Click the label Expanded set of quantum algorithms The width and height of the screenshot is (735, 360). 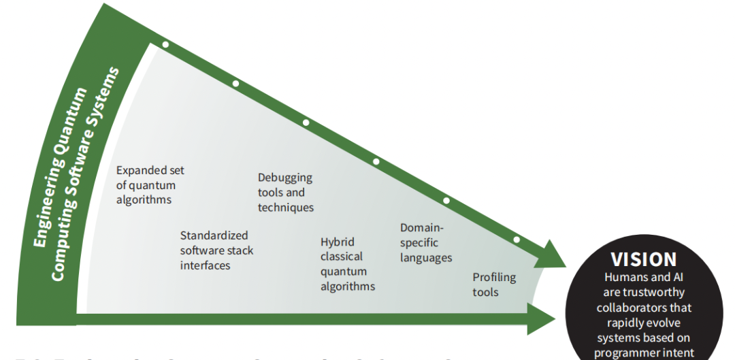click(x=150, y=185)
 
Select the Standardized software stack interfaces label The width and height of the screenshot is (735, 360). click(x=216, y=250)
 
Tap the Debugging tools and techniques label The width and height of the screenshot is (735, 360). click(x=285, y=193)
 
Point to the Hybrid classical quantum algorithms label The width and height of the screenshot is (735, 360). click(x=347, y=264)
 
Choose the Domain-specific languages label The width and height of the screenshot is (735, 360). click(x=425, y=243)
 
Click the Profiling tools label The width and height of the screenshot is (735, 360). click(x=494, y=284)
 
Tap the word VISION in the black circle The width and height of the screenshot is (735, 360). click(x=643, y=259)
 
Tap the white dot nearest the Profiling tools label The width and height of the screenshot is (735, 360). click(x=517, y=240)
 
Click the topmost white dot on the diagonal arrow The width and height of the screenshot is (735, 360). click(x=165, y=45)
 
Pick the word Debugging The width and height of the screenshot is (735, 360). click(x=284, y=178)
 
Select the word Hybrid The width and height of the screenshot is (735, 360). click(x=338, y=242)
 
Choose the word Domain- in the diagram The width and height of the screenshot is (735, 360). click(x=422, y=228)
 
